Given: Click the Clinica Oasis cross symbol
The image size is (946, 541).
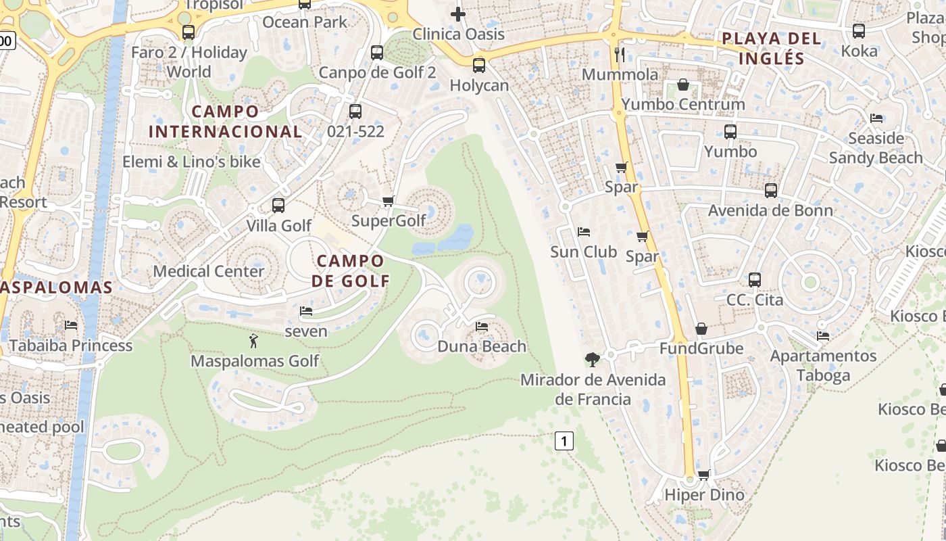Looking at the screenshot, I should [458, 14].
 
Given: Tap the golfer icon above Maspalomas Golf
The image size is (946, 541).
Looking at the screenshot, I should [253, 341].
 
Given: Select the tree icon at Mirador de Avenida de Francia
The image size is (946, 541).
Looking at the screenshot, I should [593, 360].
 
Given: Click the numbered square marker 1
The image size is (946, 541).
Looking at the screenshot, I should [564, 442].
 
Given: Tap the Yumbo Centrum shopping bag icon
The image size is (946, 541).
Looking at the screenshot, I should [683, 85].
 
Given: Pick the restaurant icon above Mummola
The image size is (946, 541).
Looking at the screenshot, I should [620, 54].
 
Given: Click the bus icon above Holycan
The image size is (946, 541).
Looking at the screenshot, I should [478, 66].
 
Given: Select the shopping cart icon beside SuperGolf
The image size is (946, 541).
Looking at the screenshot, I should [388, 202].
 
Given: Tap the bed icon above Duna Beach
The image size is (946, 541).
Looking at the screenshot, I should [482, 327].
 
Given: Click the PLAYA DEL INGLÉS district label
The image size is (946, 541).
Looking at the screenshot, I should [772, 48].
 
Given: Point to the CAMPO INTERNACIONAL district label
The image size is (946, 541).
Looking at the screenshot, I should [225, 122].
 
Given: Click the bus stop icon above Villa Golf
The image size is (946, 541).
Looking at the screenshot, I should [278, 206].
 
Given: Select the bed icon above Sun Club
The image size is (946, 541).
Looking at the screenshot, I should [584, 232].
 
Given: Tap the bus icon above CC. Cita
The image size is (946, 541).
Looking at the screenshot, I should [755, 280].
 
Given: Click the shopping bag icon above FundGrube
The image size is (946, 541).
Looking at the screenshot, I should [701, 329].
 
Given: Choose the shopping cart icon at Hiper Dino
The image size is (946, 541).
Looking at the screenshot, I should [704, 475].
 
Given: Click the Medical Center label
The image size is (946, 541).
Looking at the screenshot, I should [208, 271].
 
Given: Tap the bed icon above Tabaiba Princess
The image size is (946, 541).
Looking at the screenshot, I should [70, 325].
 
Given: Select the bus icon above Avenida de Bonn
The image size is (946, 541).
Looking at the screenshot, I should [771, 191].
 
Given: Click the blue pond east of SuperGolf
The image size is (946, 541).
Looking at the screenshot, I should [456, 238].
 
